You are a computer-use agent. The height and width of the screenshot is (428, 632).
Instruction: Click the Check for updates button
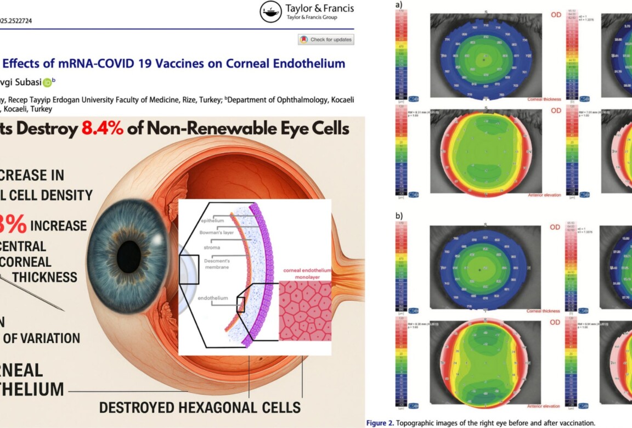[x=326, y=40]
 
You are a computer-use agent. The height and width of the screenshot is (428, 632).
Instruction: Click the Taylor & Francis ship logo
[x=272, y=11]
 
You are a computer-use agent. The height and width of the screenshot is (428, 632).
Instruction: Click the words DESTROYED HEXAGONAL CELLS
[x=200, y=407]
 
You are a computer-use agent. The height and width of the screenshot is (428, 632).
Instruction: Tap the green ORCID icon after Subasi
[x=47, y=82]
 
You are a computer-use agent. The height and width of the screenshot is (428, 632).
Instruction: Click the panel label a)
[x=399, y=5]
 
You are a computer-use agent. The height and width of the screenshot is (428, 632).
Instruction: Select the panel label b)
[x=399, y=216]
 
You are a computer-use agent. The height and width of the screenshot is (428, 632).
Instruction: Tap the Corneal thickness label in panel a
[x=544, y=99]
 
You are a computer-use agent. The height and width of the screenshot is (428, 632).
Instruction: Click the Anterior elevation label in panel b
[x=543, y=406]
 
